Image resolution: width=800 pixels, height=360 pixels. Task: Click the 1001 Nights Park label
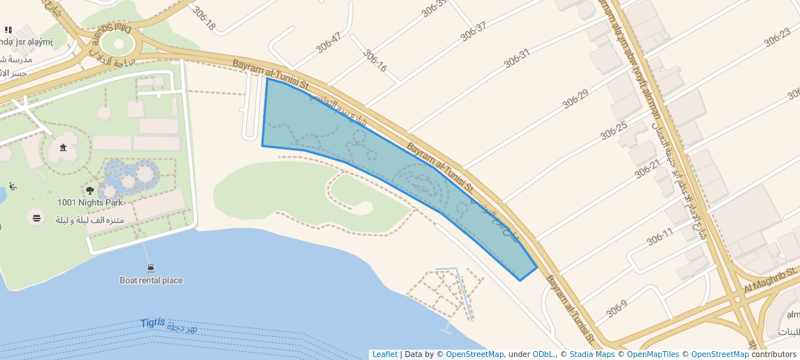coord(90,202)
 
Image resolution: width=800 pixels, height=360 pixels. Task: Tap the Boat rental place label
coord(151,281)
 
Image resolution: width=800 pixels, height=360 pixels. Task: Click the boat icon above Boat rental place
coord(150,268)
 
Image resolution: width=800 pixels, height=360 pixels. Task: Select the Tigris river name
coord(153,324)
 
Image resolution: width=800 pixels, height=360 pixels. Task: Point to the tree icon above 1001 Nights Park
coord(90,190)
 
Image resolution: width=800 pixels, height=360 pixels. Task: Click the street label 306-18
coord(203,19)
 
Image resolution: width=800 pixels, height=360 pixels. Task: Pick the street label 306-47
coord(328,42)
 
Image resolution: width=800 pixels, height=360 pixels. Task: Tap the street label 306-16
coord(375,61)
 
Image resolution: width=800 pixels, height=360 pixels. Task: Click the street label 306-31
coord(517,58)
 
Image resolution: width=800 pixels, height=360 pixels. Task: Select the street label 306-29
coord(575,99)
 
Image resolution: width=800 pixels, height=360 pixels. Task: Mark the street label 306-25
coord(614,130)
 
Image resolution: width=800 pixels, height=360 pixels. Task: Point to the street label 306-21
coord(647,170)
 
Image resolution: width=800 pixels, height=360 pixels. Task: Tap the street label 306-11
coord(660,237)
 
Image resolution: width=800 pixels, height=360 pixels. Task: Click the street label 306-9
coord(616,309)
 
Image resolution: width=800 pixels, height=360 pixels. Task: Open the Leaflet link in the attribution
coord(384,354)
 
